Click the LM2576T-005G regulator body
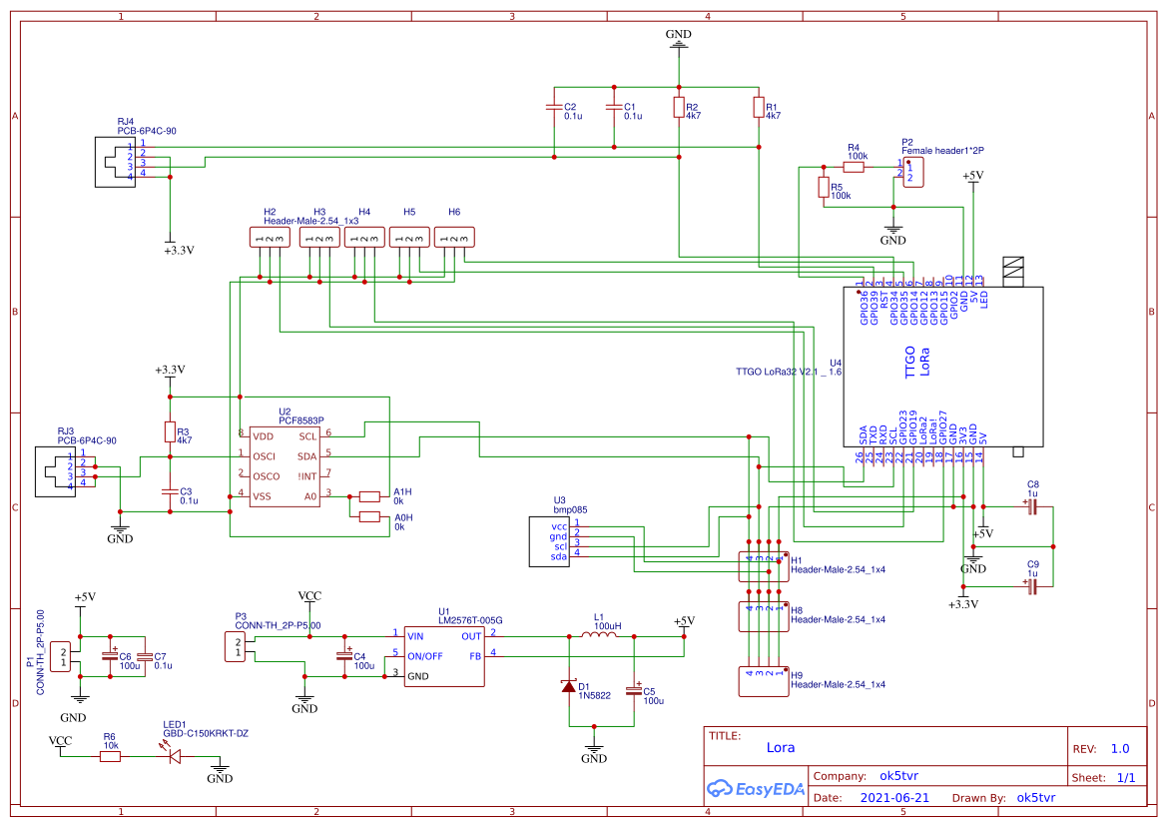click(444, 655)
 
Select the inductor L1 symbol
click(599, 636)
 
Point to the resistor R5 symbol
click(824, 187)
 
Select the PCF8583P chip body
click(285, 466)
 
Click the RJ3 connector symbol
click(56, 471)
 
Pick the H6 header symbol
click(455, 238)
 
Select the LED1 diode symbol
click(175, 756)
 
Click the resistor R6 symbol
click(110, 756)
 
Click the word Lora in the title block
click(781, 747)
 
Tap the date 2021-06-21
click(894, 798)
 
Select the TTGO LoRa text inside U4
click(916, 362)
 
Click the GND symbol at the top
click(679, 41)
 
